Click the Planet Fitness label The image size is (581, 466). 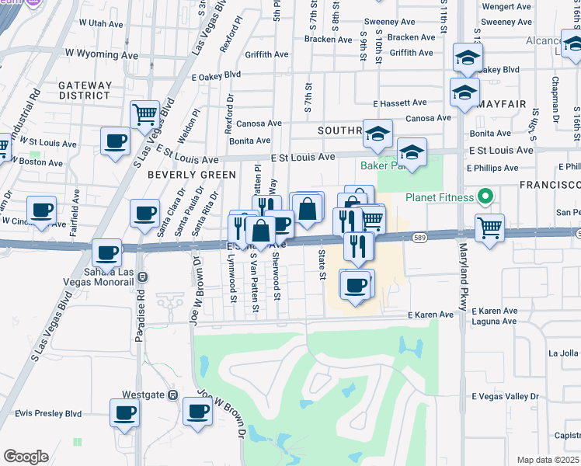pos(439,197)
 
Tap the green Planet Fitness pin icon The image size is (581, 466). pos(486,196)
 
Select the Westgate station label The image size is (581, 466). pos(143,395)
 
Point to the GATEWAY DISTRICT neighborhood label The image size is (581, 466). pos(84,89)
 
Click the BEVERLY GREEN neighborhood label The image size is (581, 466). pos(191,175)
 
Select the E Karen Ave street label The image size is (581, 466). pos(430,315)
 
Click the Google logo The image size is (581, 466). pos(26,457)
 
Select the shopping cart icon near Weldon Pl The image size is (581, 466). pos(144,115)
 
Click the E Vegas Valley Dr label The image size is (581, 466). pos(505,396)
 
